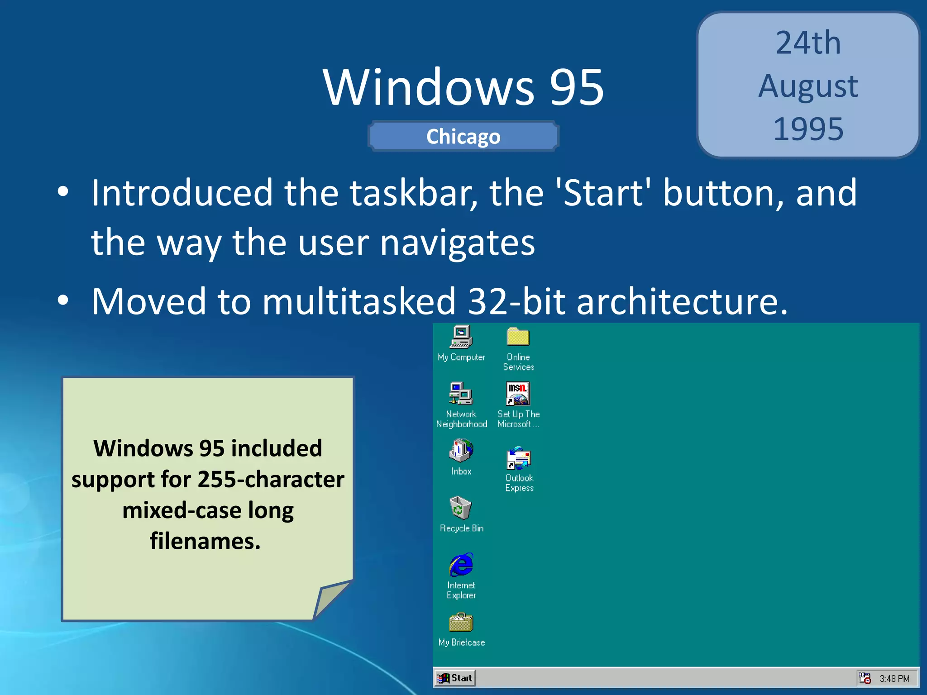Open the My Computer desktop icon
[461, 337]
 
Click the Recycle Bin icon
[461, 508]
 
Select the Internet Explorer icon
[461, 565]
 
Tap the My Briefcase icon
[461, 623]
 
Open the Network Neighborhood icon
[461, 394]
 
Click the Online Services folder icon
[518, 337]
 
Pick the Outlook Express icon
[519, 458]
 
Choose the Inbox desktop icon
[461, 451]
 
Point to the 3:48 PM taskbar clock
[894, 678]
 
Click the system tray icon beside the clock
[865, 678]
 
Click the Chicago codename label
[463, 137]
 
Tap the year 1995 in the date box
[808, 129]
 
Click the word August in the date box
[808, 86]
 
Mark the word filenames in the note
[205, 541]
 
